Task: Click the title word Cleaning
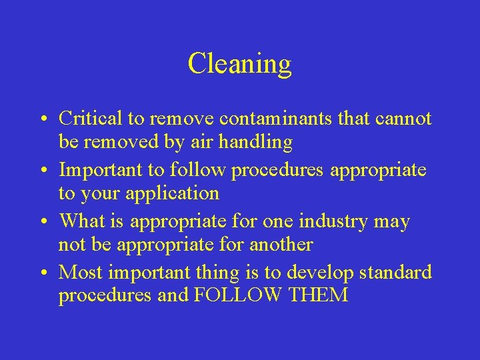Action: (239, 64)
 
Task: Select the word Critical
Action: (91, 119)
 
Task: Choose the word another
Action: (281, 245)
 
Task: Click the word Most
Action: (81, 272)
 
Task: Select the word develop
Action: (319, 272)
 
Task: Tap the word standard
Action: (396, 272)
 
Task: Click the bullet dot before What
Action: (41, 222)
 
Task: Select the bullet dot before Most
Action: (41, 273)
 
